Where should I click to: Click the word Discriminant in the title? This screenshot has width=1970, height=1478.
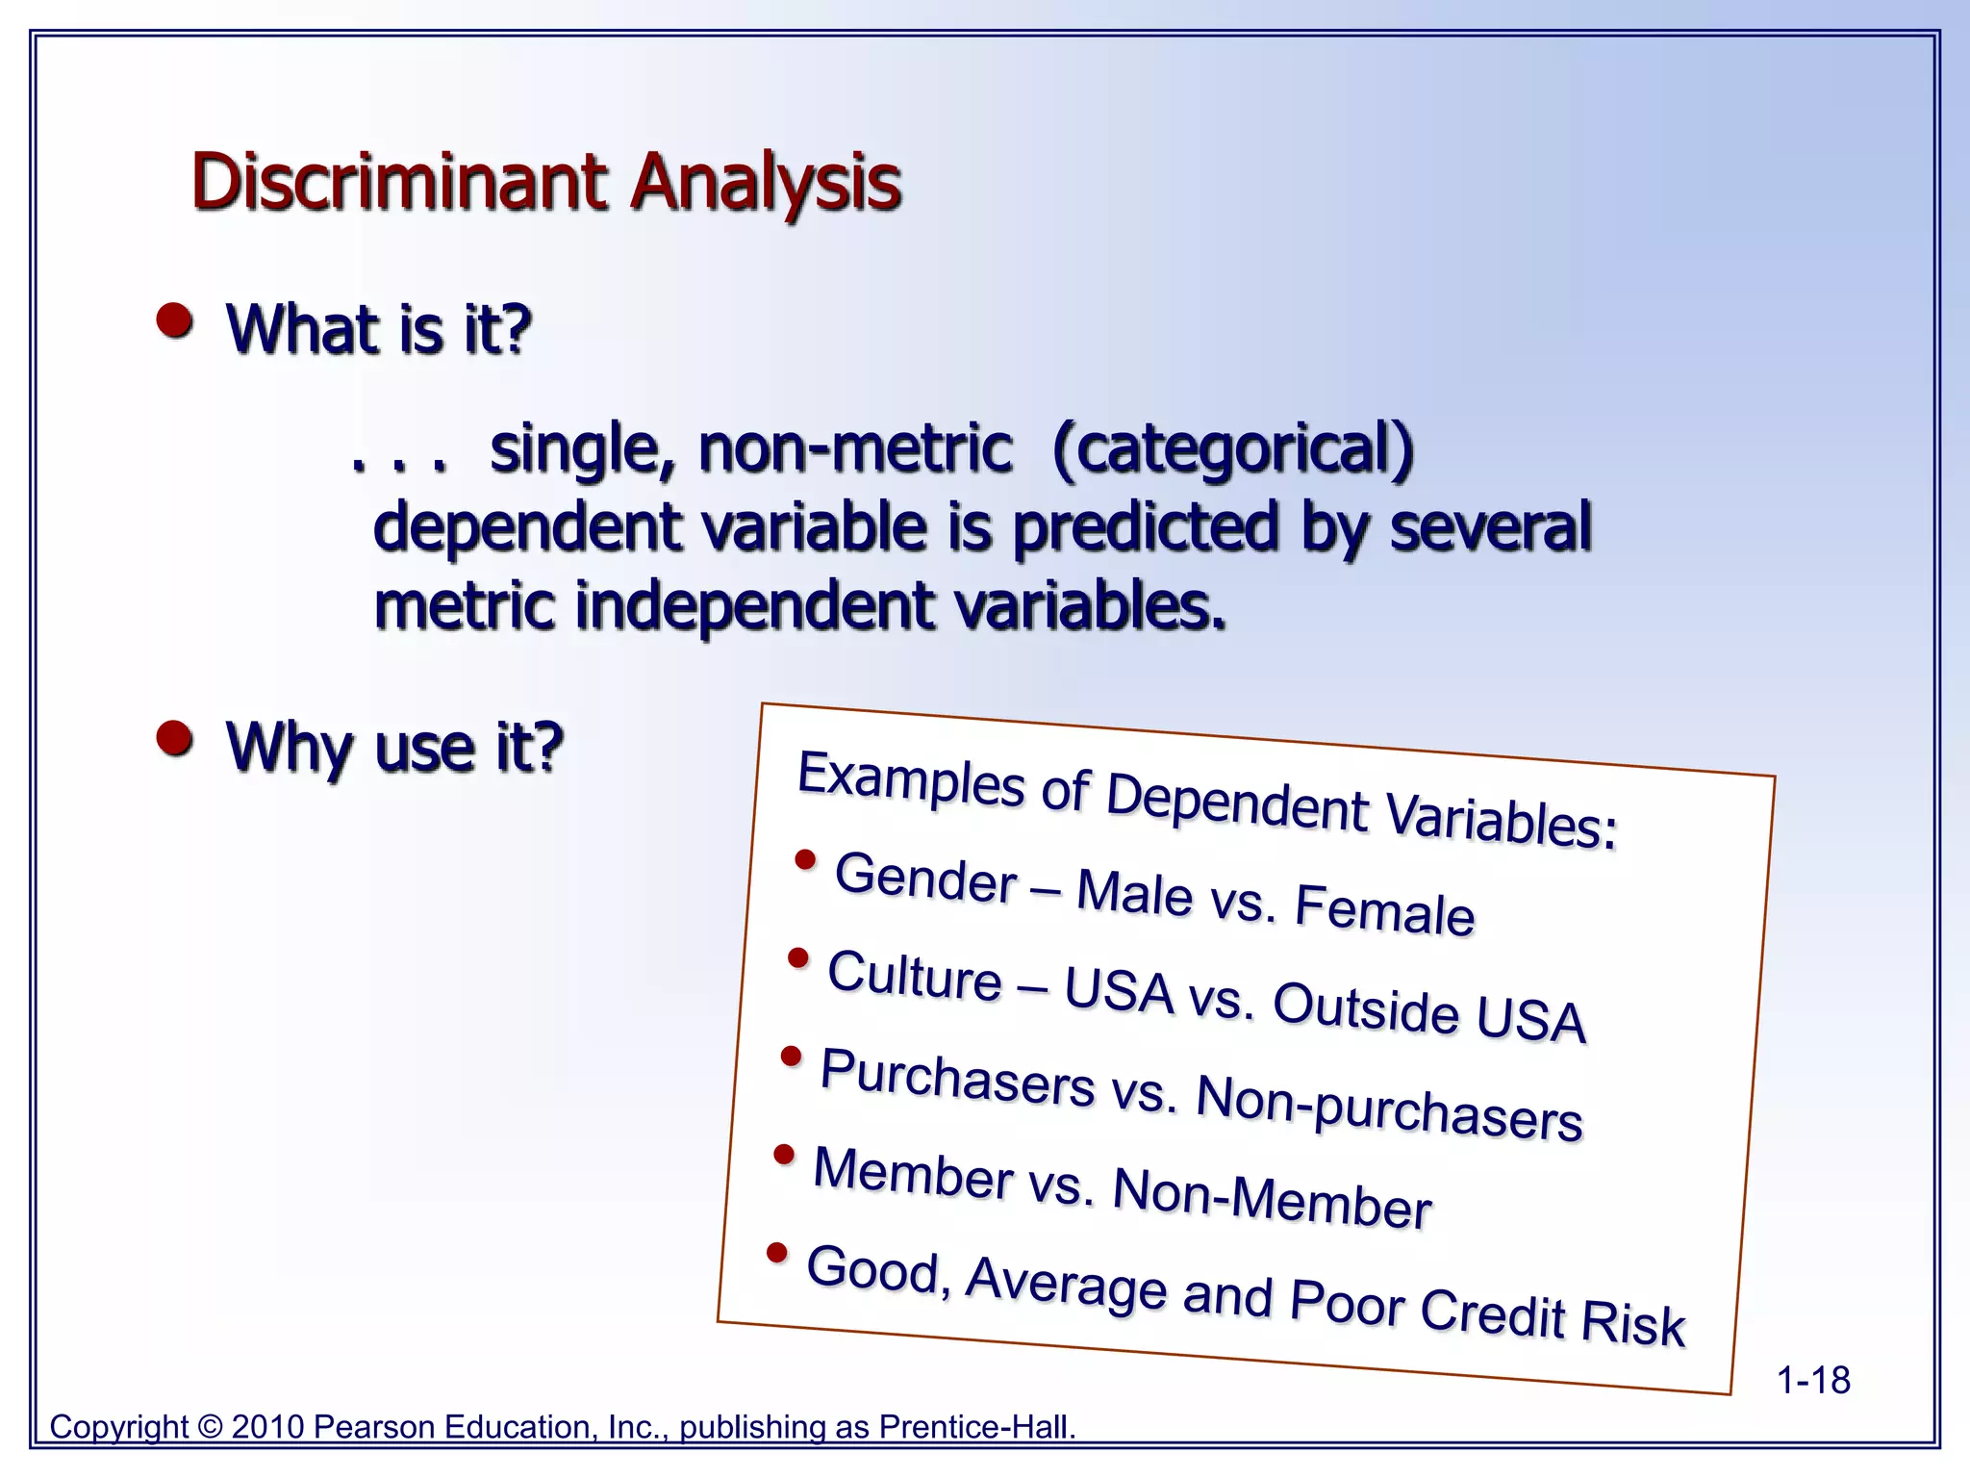399,183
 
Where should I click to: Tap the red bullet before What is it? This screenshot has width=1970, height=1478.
175,321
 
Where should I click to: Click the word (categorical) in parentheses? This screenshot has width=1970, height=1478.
1233,449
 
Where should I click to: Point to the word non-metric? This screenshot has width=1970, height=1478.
855,449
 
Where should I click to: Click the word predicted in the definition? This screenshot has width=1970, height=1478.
1147,527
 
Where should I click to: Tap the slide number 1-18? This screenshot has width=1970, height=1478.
1812,1381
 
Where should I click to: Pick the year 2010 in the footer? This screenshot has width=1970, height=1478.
268,1427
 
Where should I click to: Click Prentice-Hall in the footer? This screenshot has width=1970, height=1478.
977,1427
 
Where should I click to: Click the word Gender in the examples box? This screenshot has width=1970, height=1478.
925,879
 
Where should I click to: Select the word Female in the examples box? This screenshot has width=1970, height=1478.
1384,910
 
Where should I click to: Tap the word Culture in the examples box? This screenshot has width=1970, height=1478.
915,976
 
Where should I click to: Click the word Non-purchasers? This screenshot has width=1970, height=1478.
1389,1108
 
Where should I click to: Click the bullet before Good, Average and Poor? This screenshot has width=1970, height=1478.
777,1253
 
